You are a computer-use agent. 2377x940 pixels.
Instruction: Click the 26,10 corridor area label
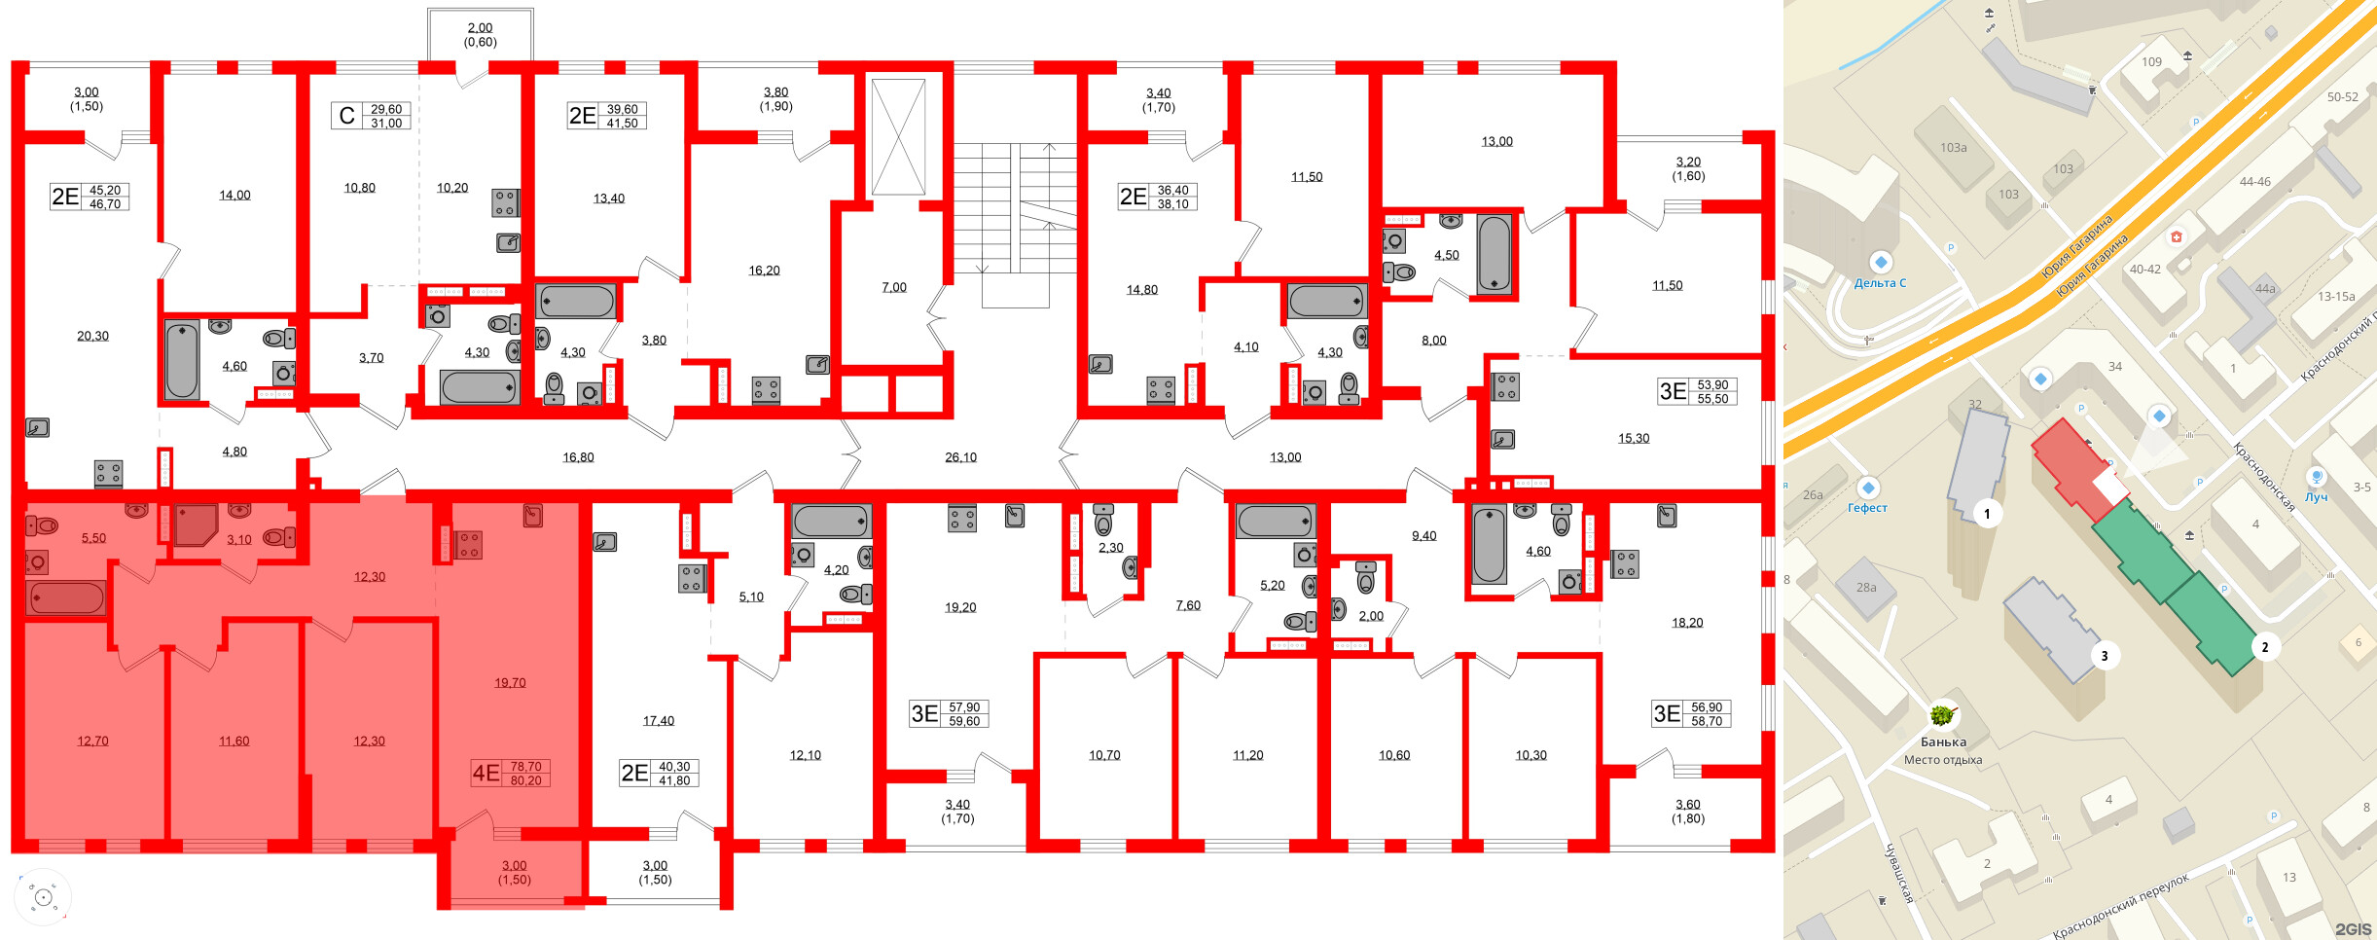tap(960, 457)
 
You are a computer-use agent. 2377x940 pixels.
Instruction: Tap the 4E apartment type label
tap(486, 774)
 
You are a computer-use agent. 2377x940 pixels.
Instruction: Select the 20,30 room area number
tap(93, 337)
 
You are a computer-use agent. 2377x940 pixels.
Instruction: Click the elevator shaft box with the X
tap(897, 137)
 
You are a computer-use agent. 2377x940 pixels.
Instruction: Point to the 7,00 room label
tap(894, 288)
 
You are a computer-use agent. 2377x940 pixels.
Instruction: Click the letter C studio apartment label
tap(346, 117)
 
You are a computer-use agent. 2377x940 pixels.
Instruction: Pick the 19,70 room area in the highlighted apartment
tap(510, 683)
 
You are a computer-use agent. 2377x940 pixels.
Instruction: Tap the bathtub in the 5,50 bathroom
tap(66, 597)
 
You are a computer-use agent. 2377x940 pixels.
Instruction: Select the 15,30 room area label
tap(1634, 439)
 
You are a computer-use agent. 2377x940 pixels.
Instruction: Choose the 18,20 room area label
tap(1687, 623)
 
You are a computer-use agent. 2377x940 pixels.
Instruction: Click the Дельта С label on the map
tap(1880, 283)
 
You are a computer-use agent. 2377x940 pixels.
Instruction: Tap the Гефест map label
tap(1867, 508)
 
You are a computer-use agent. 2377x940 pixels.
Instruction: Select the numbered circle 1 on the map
tap(1987, 514)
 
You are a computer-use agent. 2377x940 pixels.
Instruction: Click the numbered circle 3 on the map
tap(2104, 656)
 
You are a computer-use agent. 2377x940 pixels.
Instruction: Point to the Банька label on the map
tap(1943, 741)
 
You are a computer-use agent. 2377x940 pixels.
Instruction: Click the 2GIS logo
tap(2353, 929)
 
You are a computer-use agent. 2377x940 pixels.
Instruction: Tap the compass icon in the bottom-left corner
tap(43, 897)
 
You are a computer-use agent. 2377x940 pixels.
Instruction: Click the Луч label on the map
tap(2316, 497)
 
